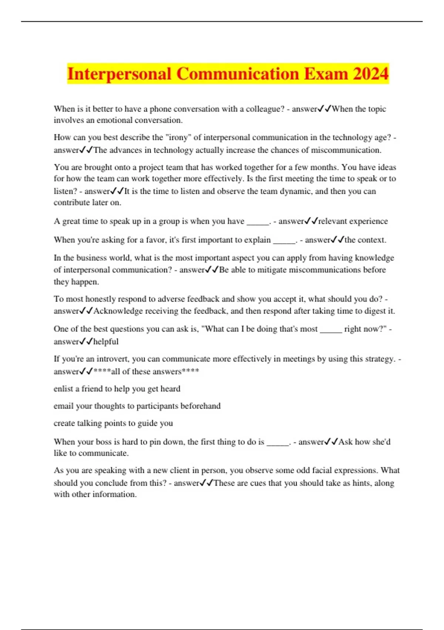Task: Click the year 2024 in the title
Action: pos(371,74)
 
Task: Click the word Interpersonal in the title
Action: pos(119,74)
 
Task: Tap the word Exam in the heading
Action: pos(326,74)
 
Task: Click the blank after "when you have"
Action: pos(258,222)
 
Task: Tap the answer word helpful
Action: pos(106,342)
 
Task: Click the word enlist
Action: pos(63,389)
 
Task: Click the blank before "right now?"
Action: pos(331,329)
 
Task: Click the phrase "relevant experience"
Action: pos(353,221)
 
